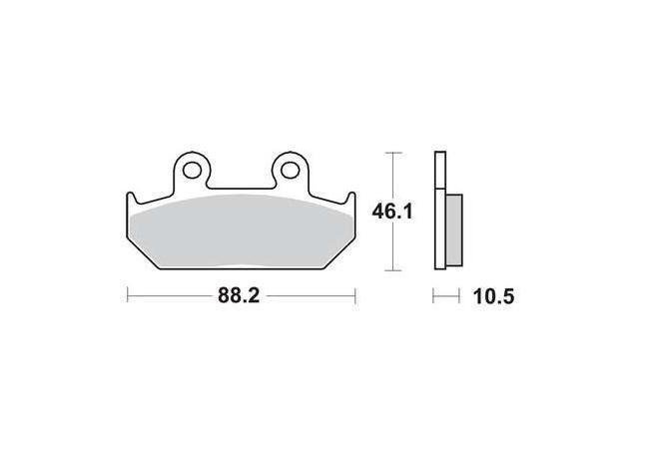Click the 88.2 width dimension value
(239, 296)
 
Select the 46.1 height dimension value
(392, 212)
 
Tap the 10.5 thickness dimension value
(493, 296)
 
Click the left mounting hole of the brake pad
(192, 170)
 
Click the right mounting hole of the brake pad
(290, 170)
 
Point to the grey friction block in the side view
(453, 229)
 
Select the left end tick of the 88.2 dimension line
(127, 296)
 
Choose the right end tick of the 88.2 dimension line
(355, 296)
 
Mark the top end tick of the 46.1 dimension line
(393, 153)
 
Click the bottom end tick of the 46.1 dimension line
(393, 270)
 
